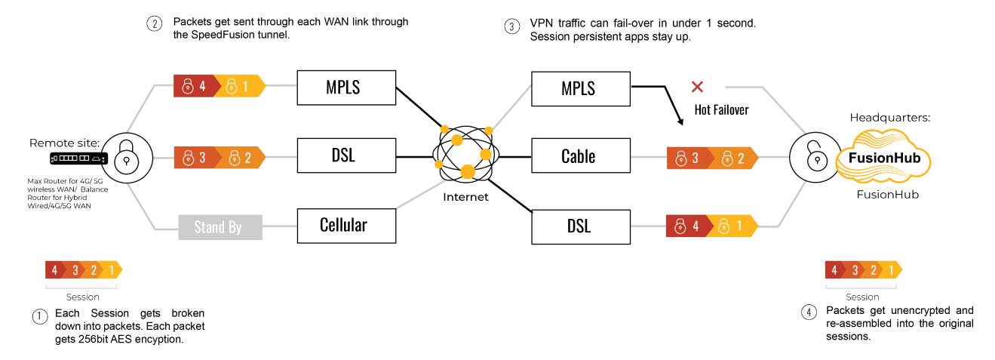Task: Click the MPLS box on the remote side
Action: click(x=346, y=88)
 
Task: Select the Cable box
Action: click(x=581, y=155)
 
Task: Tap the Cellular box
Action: click(x=346, y=226)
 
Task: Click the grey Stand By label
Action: click(x=220, y=227)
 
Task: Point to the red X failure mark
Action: click(x=697, y=87)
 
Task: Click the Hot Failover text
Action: click(x=721, y=109)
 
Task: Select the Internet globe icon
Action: click(x=465, y=154)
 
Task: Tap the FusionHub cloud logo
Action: click(x=883, y=156)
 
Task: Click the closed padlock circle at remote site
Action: click(x=127, y=158)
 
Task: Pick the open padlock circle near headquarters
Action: click(x=815, y=157)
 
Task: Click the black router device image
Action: click(x=78, y=158)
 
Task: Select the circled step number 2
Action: click(x=154, y=23)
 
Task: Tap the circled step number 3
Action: click(x=511, y=26)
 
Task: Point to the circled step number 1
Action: click(x=39, y=316)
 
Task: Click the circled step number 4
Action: click(x=809, y=312)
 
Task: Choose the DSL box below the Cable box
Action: click(x=581, y=226)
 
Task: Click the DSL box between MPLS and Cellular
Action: click(x=346, y=155)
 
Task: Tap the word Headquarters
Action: click(x=889, y=118)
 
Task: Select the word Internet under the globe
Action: click(x=465, y=197)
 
